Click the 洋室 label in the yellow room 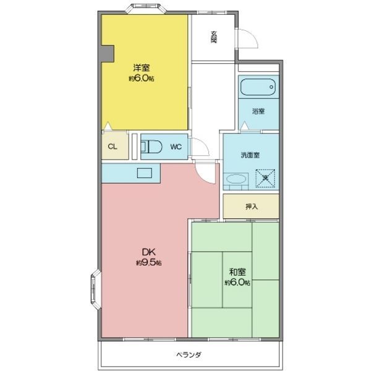[x=142, y=67]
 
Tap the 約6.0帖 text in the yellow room [x=141, y=79]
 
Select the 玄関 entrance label [x=214, y=36]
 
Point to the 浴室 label [x=258, y=111]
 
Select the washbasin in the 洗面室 [x=236, y=180]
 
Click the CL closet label [x=113, y=147]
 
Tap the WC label [x=176, y=147]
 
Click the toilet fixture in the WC [x=151, y=147]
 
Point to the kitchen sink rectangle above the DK [x=146, y=174]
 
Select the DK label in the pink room [x=148, y=252]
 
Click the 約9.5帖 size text [x=148, y=263]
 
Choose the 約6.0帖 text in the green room [x=237, y=283]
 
